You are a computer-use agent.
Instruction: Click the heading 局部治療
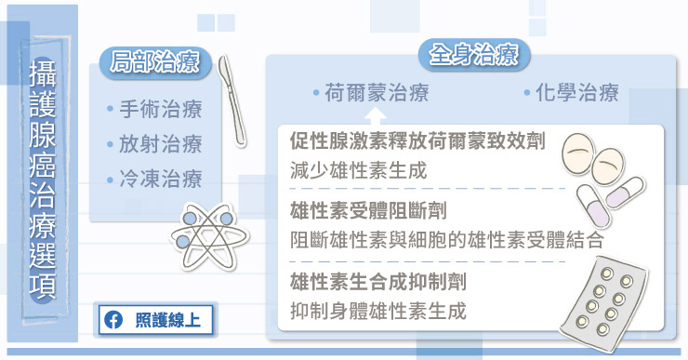coord(155,62)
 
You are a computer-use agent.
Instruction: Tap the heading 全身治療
coord(474,55)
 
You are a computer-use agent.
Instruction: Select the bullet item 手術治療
coord(161,110)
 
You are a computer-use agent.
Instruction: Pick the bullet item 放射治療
coord(161,144)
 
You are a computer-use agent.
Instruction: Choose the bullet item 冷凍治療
coord(161,180)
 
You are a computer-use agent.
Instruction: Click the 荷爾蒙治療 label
coord(377,93)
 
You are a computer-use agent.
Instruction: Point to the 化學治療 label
coord(577,93)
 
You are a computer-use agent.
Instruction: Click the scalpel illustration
coord(232,101)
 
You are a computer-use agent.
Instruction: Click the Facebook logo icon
coord(113,320)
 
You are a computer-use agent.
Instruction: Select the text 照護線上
coord(167,320)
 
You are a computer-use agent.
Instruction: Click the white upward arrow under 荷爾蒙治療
coord(377,117)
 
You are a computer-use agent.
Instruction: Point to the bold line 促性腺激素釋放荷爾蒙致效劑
coord(417,141)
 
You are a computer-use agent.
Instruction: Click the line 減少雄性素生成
coord(358,170)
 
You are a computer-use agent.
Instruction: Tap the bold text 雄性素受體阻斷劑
coord(368,211)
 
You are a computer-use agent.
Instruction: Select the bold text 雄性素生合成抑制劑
coord(377,282)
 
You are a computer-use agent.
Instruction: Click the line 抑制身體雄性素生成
coord(377,311)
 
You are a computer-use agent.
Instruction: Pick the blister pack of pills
coord(604,304)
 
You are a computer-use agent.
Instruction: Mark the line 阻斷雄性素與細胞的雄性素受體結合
coord(446,240)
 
